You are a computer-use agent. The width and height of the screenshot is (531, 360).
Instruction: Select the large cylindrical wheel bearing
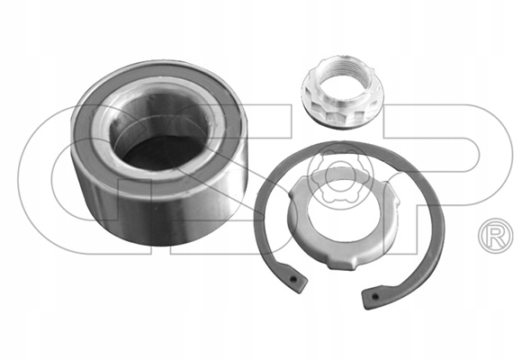point(159,153)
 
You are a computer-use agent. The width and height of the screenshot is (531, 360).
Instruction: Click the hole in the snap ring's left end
point(293,280)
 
